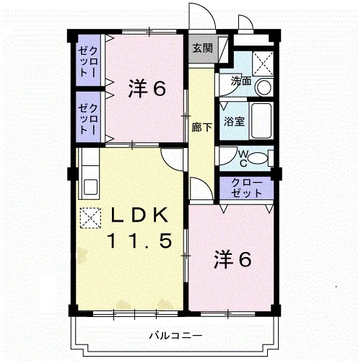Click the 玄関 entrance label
[x=203, y=48]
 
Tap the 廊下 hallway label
[x=201, y=127]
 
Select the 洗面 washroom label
[x=241, y=81]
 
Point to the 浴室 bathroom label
[x=234, y=121]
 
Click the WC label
[x=243, y=158]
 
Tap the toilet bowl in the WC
[x=258, y=159]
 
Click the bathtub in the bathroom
[x=261, y=121]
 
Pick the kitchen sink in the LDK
[x=90, y=187]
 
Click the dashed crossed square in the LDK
[x=90, y=218]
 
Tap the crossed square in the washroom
[x=263, y=63]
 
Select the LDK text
[x=139, y=215]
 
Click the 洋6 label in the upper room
[x=147, y=88]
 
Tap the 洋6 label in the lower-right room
[x=233, y=259]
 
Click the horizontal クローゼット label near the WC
[x=246, y=188]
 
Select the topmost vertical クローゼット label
[x=88, y=61]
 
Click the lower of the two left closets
[x=88, y=117]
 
